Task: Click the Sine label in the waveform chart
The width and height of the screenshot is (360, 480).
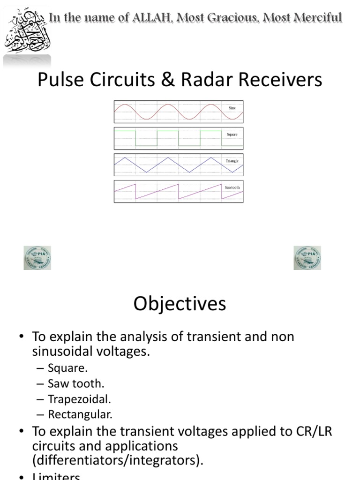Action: pos(232,108)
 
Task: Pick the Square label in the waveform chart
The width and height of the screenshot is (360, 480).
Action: pos(232,135)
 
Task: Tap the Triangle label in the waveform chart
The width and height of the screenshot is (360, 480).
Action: pos(232,161)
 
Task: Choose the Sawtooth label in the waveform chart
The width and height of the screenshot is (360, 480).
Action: pos(232,187)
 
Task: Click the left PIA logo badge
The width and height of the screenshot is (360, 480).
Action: pos(37,258)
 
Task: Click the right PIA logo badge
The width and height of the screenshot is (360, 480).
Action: pos(307,258)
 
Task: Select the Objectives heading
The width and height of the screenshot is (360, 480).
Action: pos(180,304)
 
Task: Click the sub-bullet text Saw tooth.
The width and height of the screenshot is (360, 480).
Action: pos(75,383)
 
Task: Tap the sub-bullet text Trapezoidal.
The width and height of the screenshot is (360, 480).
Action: pos(79,399)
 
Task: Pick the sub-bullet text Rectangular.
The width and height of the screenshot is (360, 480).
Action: pos(80,414)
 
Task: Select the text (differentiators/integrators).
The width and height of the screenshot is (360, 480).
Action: pos(118,460)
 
